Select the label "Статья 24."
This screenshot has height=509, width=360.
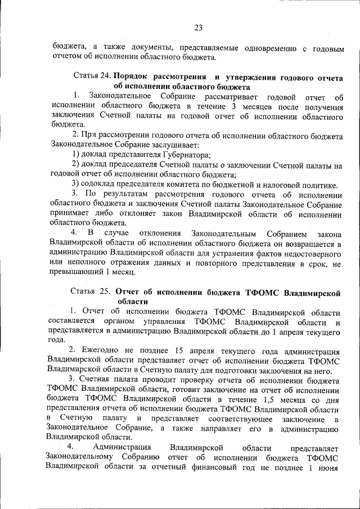tap(92, 76)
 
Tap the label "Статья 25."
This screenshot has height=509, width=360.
tap(91, 292)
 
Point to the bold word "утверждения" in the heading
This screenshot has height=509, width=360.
tap(256, 76)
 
